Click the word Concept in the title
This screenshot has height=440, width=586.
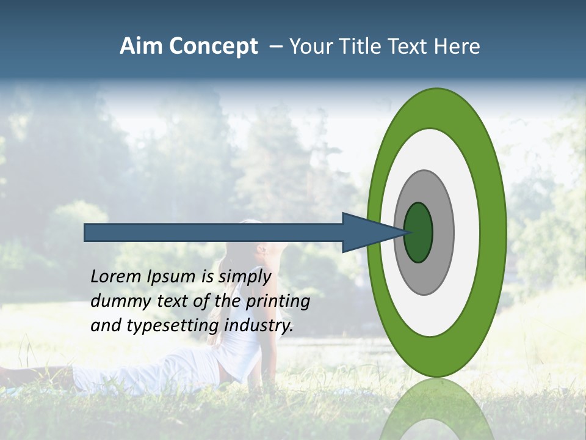coord(213,47)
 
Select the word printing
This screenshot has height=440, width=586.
coord(278,301)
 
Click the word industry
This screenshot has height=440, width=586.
coord(259,325)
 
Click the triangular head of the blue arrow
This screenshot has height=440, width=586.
coord(366,232)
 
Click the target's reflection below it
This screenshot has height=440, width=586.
coord(436,409)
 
